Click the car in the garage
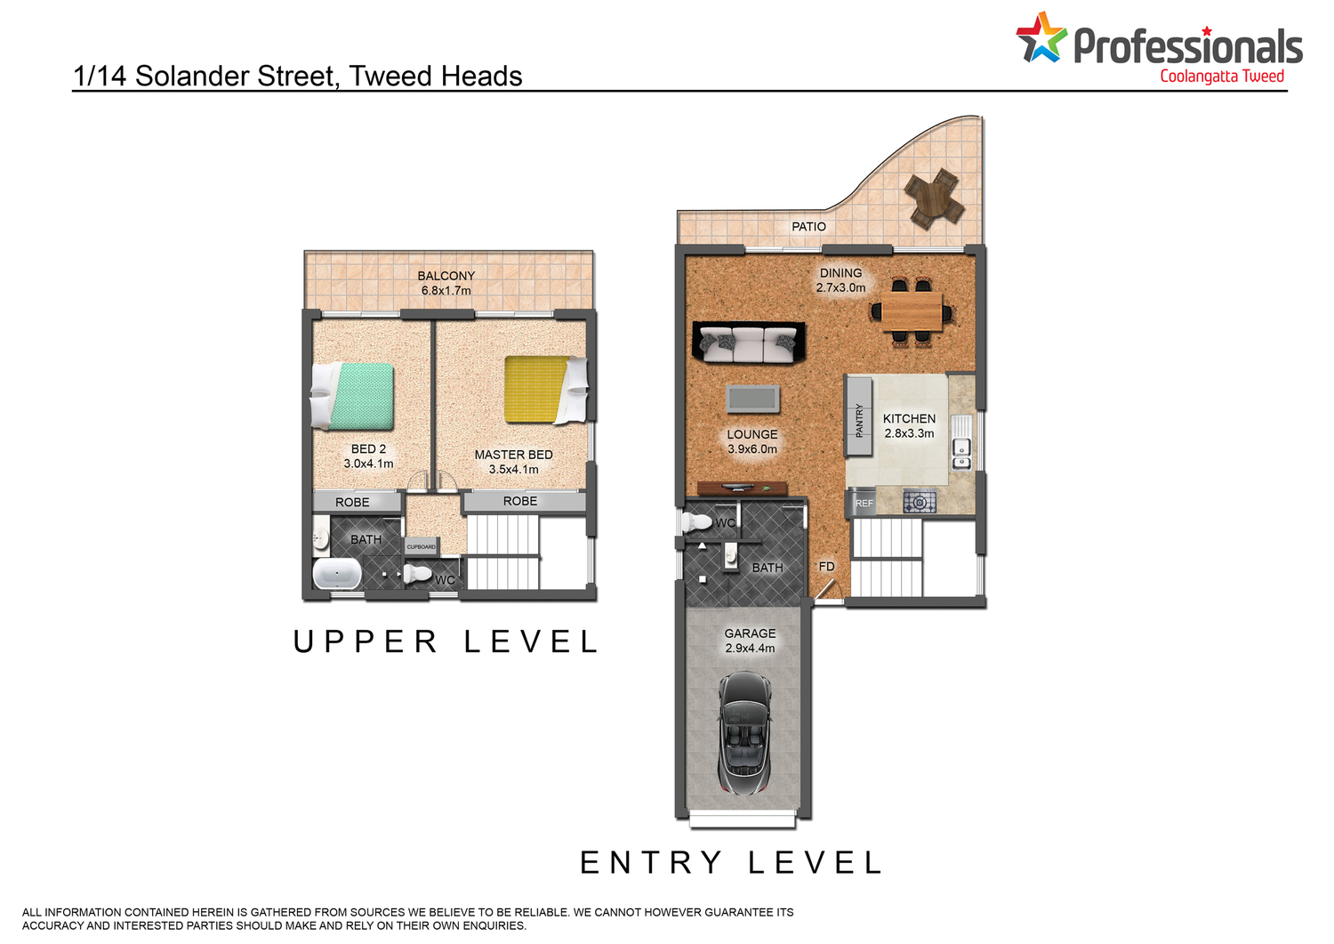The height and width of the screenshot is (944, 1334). tap(744, 732)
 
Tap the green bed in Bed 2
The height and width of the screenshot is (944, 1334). tap(352, 396)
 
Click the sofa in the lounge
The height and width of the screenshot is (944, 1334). tap(749, 342)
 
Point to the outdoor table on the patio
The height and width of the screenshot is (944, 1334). tap(933, 198)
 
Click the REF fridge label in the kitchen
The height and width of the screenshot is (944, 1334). tap(864, 503)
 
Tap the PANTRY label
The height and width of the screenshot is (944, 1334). tap(859, 421)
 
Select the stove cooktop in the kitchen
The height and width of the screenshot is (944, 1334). tap(920, 502)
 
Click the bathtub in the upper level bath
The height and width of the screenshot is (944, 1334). tap(336, 573)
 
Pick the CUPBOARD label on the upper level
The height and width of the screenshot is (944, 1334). tap(421, 546)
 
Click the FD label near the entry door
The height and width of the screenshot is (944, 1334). tap(826, 566)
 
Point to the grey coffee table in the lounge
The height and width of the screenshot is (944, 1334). tap(752, 399)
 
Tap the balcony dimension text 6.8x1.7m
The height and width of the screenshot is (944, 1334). tap(446, 291)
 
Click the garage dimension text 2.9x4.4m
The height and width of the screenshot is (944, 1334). tap(750, 648)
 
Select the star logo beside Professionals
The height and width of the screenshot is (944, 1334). tap(1041, 37)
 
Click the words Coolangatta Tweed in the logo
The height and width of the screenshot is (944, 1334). tap(1221, 77)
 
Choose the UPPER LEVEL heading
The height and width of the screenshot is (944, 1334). tap(446, 641)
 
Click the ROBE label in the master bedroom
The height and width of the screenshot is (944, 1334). tap(520, 501)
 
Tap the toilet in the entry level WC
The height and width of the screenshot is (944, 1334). tap(696, 522)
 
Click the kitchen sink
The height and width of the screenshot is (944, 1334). tap(961, 454)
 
